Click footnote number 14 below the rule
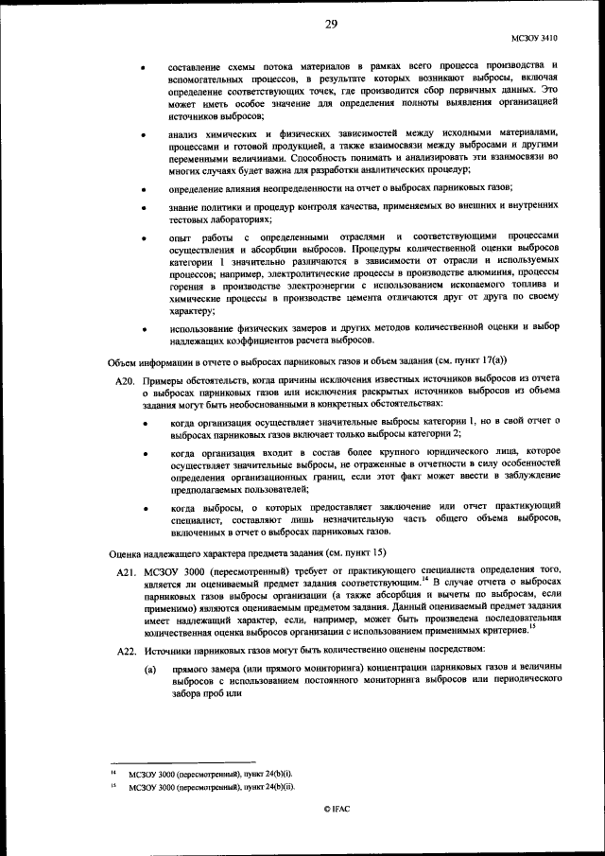112,773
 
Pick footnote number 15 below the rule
112,786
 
